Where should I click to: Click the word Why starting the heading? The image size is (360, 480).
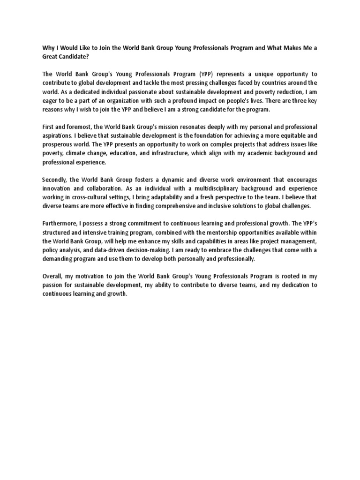pyautogui.click(x=48, y=47)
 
